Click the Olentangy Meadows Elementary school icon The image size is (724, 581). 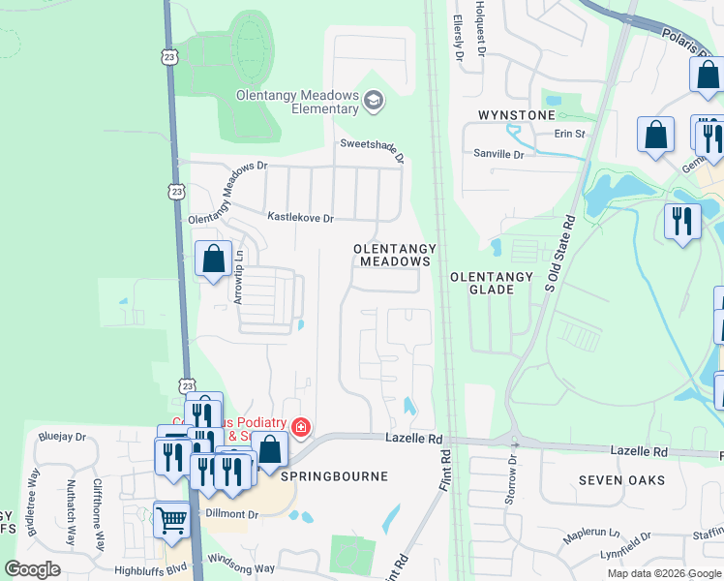[x=374, y=101]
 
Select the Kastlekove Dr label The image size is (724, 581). [x=300, y=219]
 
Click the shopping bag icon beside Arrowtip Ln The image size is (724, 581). [x=214, y=260]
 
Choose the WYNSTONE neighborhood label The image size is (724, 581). [x=517, y=115]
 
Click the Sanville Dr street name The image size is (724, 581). [x=498, y=154]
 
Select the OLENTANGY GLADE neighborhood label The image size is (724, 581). [x=491, y=283]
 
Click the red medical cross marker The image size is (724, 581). [x=301, y=427]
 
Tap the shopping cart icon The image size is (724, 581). [x=171, y=520]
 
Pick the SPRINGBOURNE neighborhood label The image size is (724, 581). [x=334, y=476]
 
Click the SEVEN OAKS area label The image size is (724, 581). [x=621, y=480]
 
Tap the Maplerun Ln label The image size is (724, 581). [x=591, y=533]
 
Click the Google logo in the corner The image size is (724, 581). [x=32, y=569]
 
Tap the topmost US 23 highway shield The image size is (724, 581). [x=170, y=57]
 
